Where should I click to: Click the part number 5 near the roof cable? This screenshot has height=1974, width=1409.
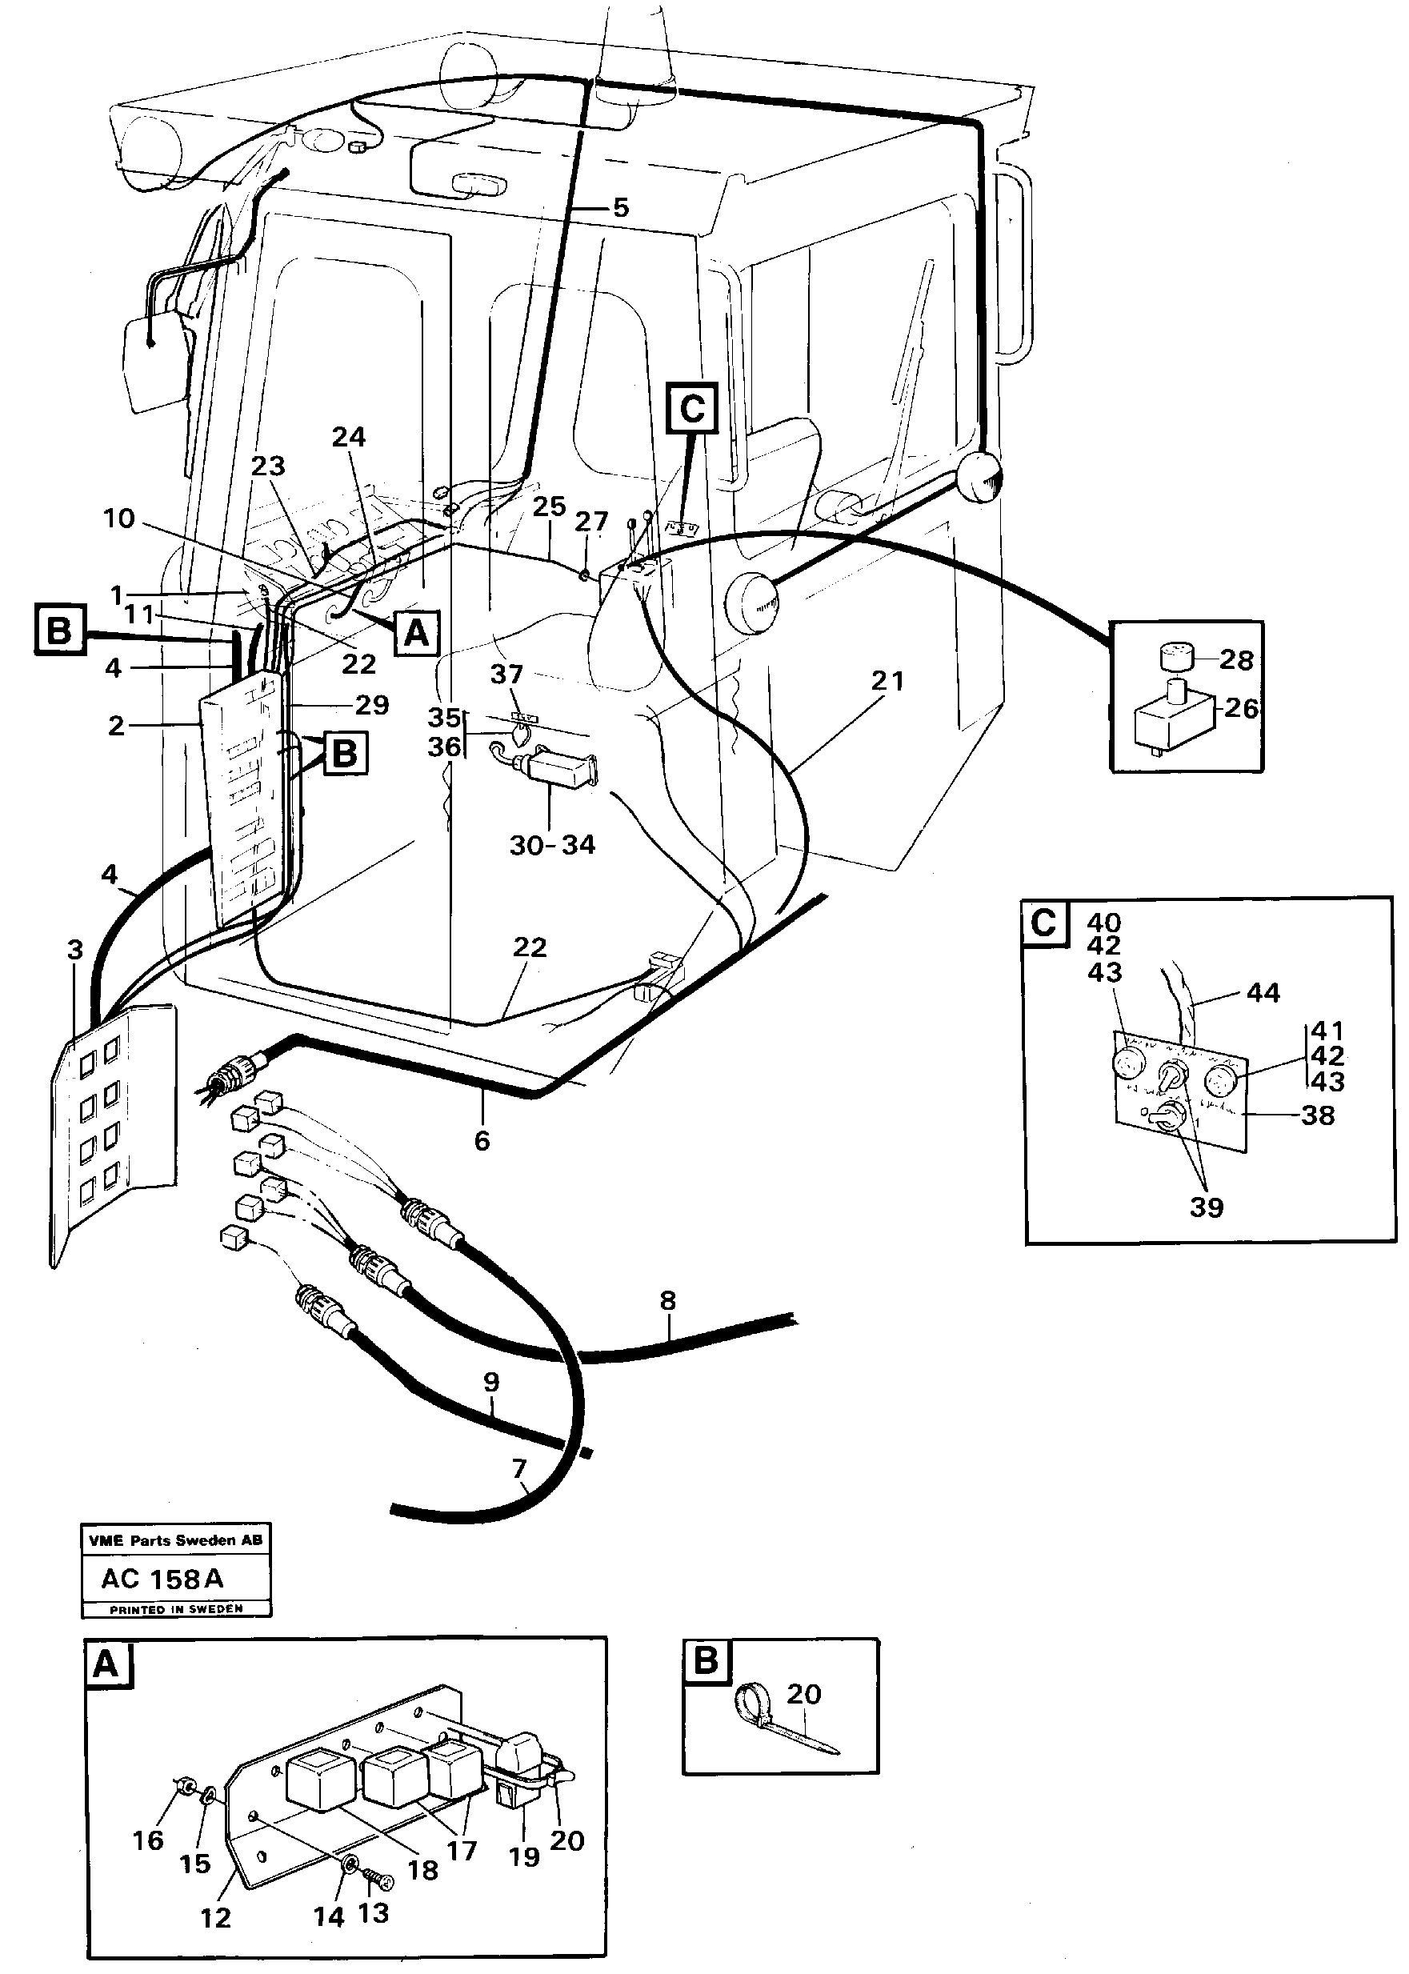(620, 208)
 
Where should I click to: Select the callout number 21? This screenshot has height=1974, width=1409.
(887, 682)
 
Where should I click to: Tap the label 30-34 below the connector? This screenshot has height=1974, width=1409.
(552, 844)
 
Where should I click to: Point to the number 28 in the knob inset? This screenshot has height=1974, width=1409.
(1235, 660)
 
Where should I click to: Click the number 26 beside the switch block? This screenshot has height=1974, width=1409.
(1241, 709)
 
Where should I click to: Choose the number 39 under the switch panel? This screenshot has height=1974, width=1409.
(1206, 1207)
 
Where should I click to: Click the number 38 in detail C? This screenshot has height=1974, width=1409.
(1317, 1115)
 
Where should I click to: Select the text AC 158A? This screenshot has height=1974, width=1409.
(163, 1579)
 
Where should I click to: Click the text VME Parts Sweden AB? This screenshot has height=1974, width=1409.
(175, 1540)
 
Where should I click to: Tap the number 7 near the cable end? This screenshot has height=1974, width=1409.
(518, 1469)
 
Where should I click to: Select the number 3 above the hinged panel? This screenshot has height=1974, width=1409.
(75, 950)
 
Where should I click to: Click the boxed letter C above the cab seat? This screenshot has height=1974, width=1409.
(692, 408)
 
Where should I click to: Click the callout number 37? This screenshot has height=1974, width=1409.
(506, 675)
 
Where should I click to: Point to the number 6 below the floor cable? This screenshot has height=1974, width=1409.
(482, 1140)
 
